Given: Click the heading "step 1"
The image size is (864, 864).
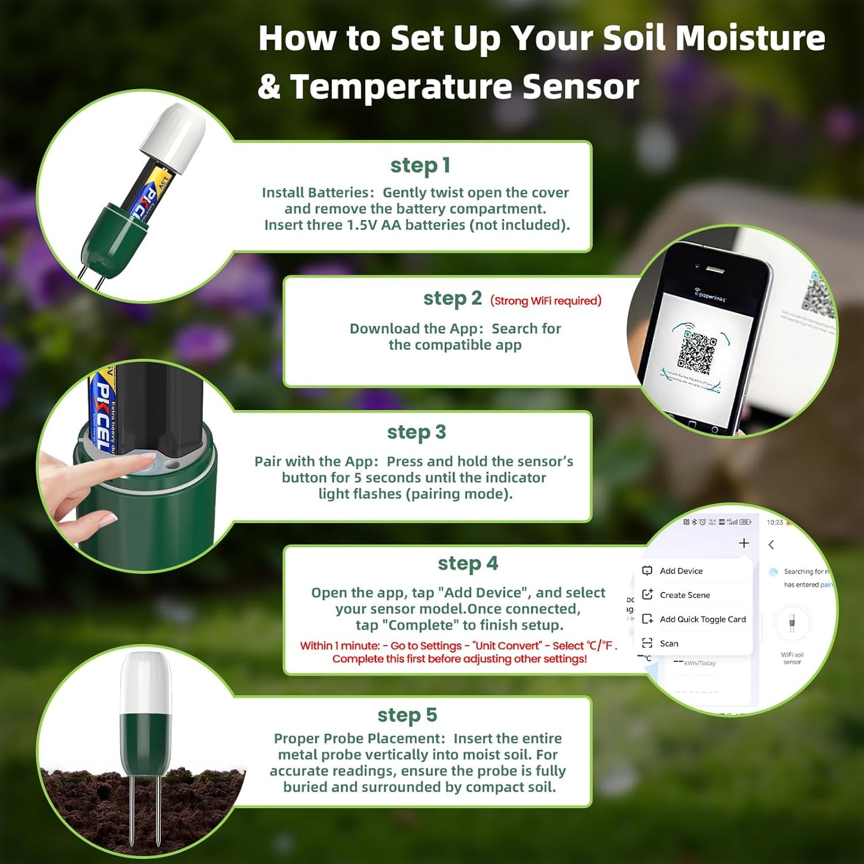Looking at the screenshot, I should click(420, 166).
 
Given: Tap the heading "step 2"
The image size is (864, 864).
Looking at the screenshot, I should click(452, 298).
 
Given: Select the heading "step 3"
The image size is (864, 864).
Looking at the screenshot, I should click(416, 432).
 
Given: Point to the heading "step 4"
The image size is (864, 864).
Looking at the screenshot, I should click(468, 564).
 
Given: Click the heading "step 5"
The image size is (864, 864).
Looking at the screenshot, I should click(407, 715).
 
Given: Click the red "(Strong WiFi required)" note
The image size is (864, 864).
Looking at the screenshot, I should click(545, 301).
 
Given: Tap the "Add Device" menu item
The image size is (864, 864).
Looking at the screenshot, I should click(680, 571).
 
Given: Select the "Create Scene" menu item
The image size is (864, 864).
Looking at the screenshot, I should click(684, 595).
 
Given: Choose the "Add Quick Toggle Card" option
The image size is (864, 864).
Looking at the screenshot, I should click(702, 619).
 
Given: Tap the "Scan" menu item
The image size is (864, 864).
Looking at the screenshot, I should click(668, 643).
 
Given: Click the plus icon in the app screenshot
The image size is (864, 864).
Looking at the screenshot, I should click(744, 543).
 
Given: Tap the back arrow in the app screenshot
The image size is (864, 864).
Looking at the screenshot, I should click(771, 545).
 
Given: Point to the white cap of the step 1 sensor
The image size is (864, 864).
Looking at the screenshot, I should click(174, 136).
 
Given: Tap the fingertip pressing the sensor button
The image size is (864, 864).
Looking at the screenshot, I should click(144, 460).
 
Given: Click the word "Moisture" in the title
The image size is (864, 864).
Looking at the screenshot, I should click(750, 38).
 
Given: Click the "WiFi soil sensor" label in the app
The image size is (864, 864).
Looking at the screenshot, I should click(792, 658).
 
